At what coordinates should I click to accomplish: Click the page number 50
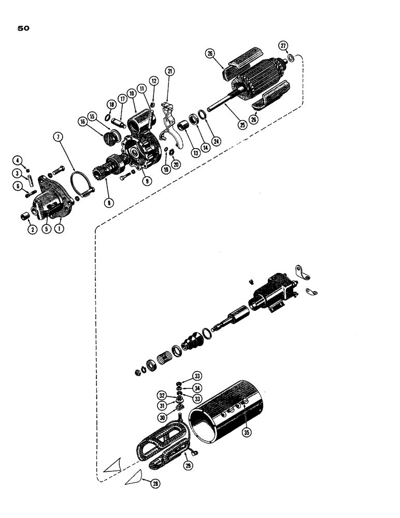coord(24,28)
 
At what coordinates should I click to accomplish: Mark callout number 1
coord(60,226)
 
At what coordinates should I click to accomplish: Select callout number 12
coord(153,80)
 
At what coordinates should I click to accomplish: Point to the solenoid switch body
coord(272,293)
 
